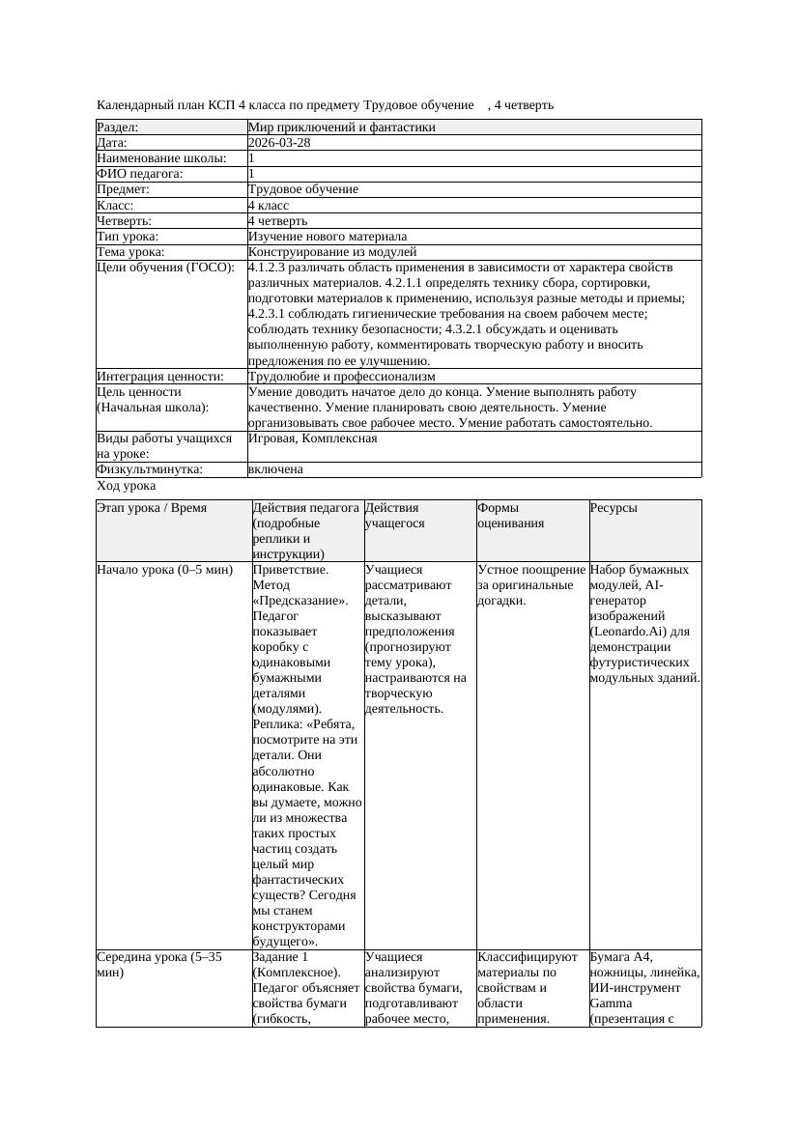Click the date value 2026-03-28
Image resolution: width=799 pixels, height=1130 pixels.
pos(279,143)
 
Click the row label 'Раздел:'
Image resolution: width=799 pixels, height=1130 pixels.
pos(118,127)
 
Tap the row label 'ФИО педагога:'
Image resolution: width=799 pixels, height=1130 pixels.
pos(140,174)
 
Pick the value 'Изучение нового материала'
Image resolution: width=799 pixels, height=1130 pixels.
pos(328,237)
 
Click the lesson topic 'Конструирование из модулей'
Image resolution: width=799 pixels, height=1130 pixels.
pos(332,252)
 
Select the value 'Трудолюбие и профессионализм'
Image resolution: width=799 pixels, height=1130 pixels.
pos(341,377)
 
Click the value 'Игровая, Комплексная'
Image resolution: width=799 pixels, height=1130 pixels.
pos(312,438)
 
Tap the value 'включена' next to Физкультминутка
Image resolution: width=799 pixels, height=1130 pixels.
pos(275,469)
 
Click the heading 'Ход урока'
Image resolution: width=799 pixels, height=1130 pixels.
pos(126,487)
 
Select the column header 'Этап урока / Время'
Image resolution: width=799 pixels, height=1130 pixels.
pos(152,507)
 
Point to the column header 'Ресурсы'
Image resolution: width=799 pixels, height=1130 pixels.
pos(614,507)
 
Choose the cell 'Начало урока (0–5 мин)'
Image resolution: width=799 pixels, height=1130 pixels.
pos(165,570)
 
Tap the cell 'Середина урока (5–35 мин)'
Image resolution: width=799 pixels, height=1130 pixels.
pos(159,965)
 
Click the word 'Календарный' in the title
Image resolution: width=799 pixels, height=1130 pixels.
pos(135,104)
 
